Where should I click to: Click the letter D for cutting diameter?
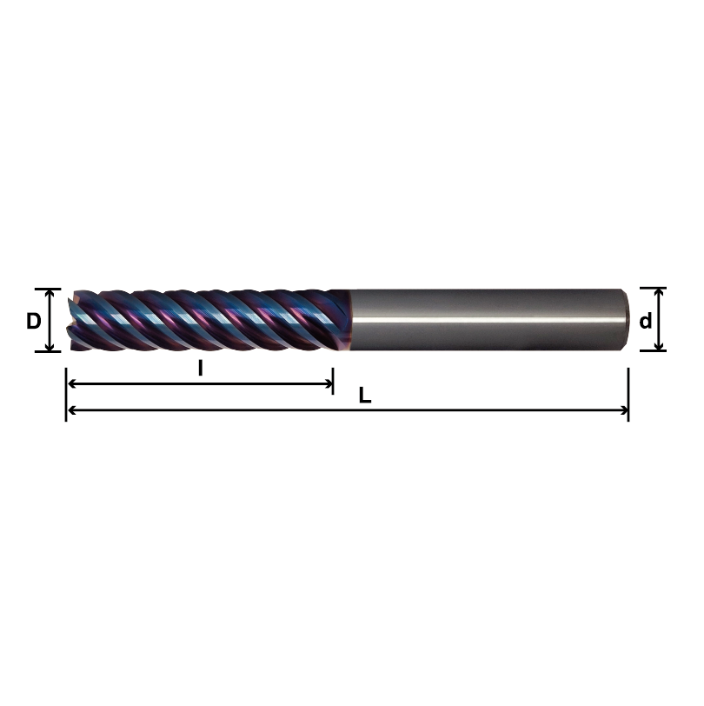(33, 321)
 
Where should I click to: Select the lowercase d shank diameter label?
(646, 321)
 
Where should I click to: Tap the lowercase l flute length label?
(200, 368)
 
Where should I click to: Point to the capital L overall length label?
(365, 396)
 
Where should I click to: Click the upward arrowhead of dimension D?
(50, 294)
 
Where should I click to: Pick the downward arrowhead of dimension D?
(50, 347)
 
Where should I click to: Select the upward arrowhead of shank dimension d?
(659, 293)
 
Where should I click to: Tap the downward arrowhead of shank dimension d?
(659, 346)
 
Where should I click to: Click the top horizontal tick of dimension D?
(49, 289)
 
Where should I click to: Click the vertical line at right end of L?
(628, 396)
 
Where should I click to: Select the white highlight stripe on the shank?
(487, 320)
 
